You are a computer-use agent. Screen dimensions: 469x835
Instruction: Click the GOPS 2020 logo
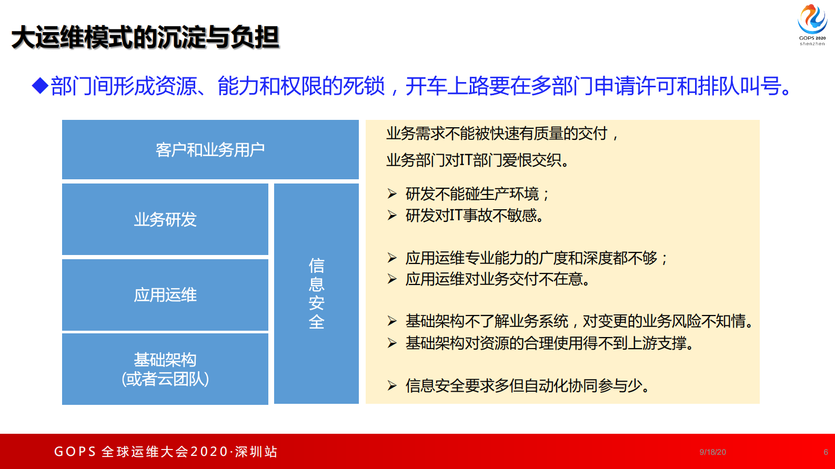812,24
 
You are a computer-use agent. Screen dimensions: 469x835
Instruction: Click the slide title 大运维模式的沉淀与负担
145,37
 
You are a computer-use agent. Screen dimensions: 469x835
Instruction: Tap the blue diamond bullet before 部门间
40,85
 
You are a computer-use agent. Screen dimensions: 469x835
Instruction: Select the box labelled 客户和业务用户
210,150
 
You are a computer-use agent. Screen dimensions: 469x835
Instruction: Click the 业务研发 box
165,219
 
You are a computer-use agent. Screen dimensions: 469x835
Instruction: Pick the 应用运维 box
165,295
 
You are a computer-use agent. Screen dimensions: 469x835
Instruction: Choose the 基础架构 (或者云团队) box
165,369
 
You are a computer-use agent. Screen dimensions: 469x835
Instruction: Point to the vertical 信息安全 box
316,293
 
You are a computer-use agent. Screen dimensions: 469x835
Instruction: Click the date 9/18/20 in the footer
712,452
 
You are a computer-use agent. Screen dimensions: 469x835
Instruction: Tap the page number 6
826,452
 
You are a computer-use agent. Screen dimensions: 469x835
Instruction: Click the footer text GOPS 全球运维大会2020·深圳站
166,452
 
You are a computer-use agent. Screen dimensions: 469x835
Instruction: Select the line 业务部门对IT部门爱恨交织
478,160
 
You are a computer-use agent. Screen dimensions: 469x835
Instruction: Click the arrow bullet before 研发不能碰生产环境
392,194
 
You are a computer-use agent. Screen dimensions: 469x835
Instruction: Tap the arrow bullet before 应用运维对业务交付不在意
392,279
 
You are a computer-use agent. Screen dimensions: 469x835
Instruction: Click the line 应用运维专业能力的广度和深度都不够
537,258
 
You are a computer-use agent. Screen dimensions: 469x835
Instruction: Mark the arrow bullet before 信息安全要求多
392,386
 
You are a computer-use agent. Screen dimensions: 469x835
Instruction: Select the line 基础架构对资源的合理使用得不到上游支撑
550,343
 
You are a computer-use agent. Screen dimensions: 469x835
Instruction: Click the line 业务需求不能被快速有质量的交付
502,134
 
